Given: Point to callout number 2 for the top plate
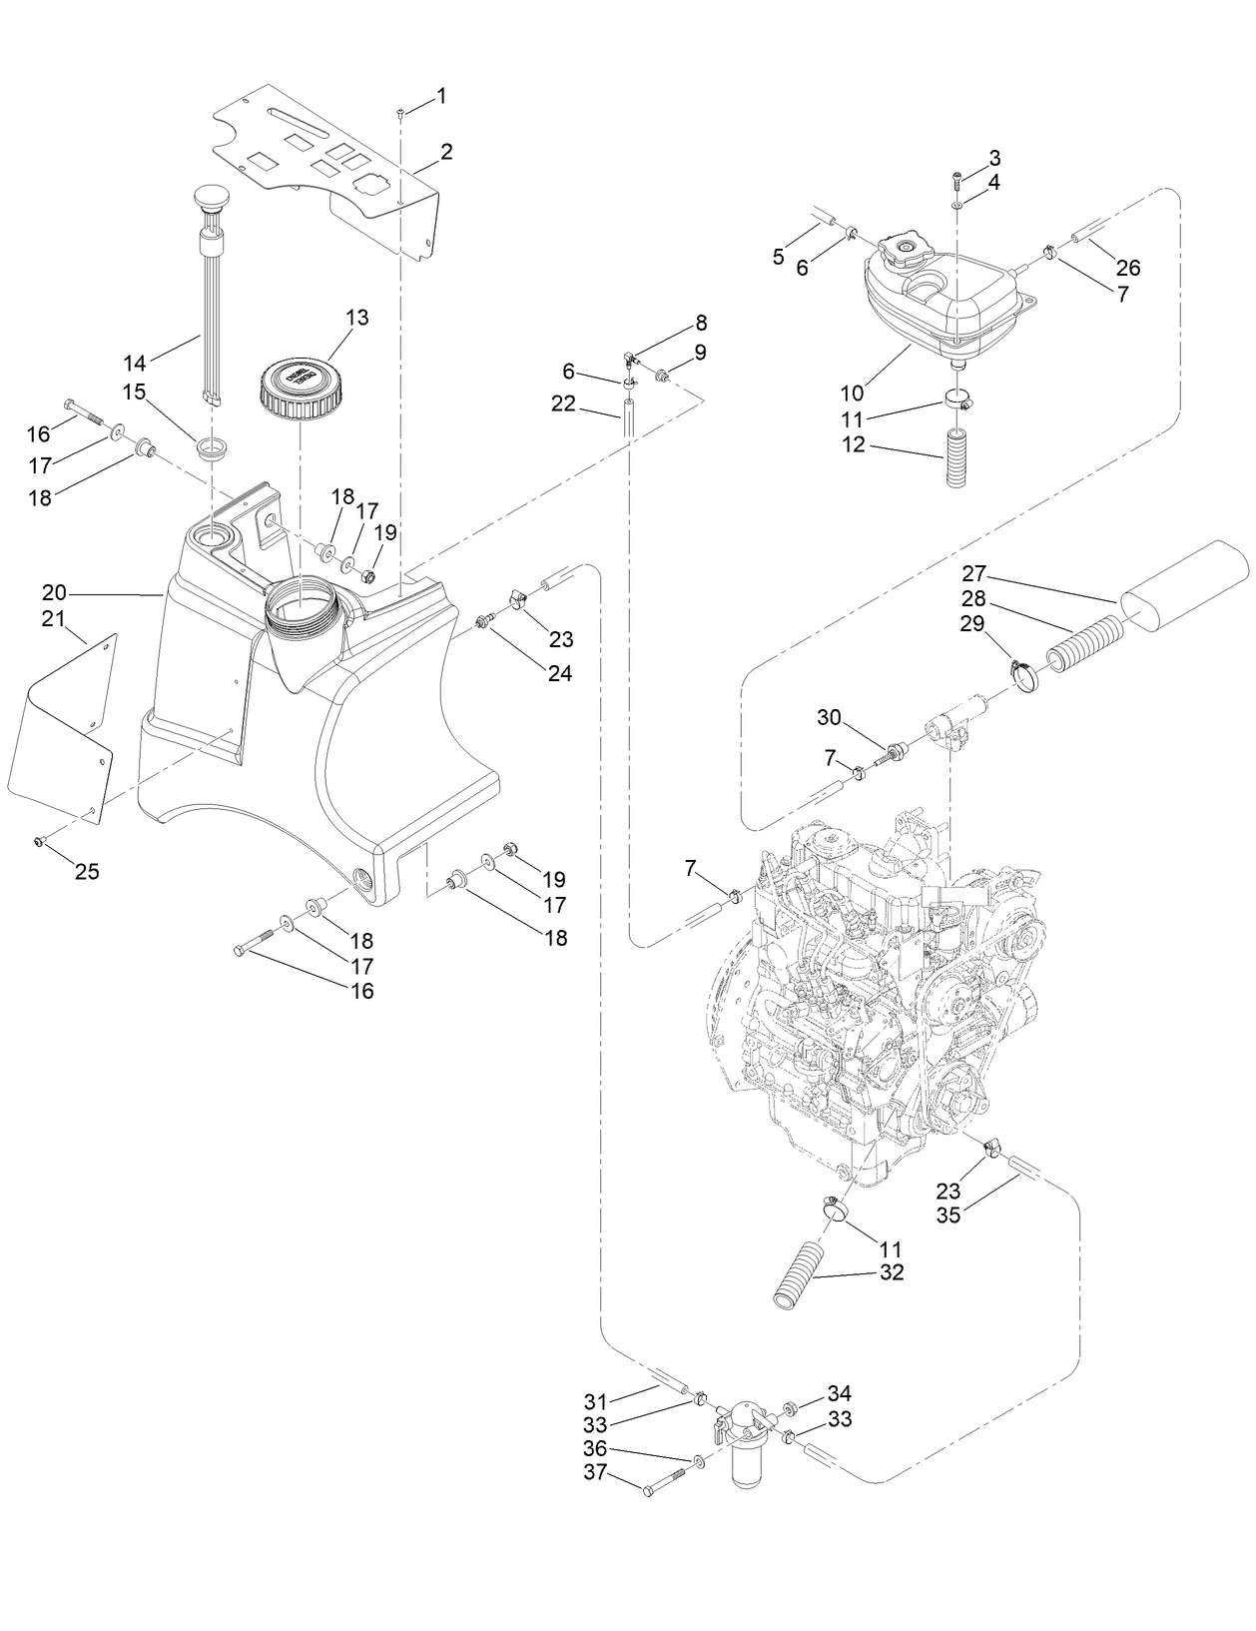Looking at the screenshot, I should pos(446,152).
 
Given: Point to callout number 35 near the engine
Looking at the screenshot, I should pos(948,1216).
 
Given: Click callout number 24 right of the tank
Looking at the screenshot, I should pos(559,673).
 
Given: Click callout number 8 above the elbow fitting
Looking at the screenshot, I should pos(701,323).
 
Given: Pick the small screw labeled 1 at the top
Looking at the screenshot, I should pos(399,113).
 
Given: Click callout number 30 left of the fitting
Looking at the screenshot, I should pos(830,717).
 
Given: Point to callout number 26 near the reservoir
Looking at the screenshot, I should pos(1128,268).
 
